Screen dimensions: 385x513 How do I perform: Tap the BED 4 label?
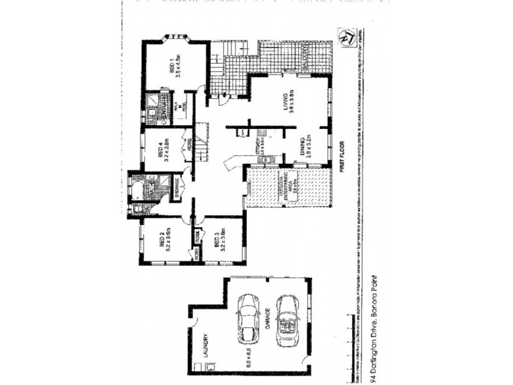pos(160,149)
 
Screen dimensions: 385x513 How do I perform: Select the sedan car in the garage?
pos(247,314)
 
